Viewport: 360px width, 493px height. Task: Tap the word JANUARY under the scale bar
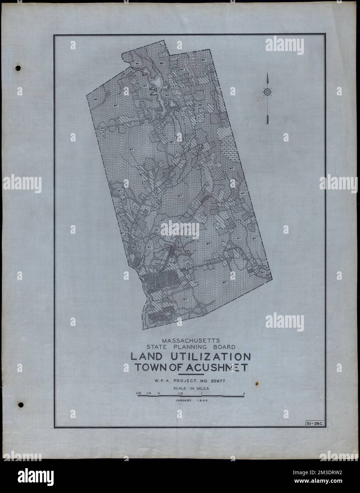click(183, 400)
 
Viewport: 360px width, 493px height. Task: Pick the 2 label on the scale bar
click(244, 393)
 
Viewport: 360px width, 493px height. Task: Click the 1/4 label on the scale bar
click(149, 393)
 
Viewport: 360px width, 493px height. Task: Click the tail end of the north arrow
click(266, 123)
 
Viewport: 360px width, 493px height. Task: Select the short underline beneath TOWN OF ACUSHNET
click(190, 374)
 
